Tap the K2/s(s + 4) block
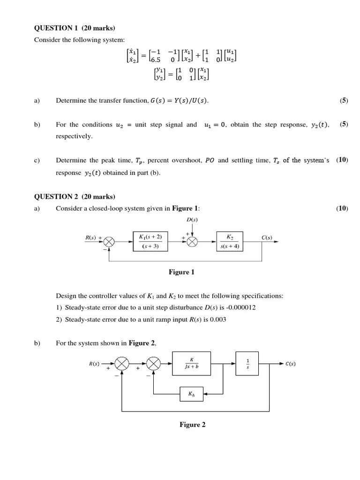[x=230, y=241]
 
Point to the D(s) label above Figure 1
[x=192, y=219]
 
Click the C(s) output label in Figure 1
[x=267, y=238]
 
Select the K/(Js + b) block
[x=192, y=363]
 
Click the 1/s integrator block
[x=247, y=363]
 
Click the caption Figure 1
[x=181, y=272]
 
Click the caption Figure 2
[x=192, y=425]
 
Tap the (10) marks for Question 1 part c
[x=342, y=160]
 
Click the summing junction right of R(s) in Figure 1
[x=110, y=241]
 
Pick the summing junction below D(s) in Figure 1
[x=192, y=241]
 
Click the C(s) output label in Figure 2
[x=290, y=364]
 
